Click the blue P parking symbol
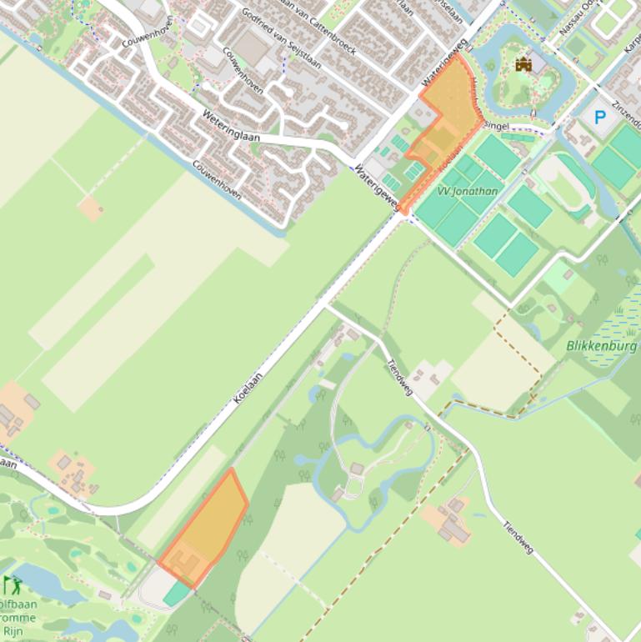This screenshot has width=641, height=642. tap(599, 118)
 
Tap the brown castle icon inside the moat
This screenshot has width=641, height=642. tap(523, 64)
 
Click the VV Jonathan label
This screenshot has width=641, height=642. tap(468, 191)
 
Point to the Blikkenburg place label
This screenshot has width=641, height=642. tap(601, 345)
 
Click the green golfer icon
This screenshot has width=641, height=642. tap(13, 584)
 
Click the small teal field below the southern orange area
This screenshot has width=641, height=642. tap(176, 594)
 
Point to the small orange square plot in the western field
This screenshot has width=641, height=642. tap(90, 208)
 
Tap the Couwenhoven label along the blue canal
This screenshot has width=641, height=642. tap(217, 179)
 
